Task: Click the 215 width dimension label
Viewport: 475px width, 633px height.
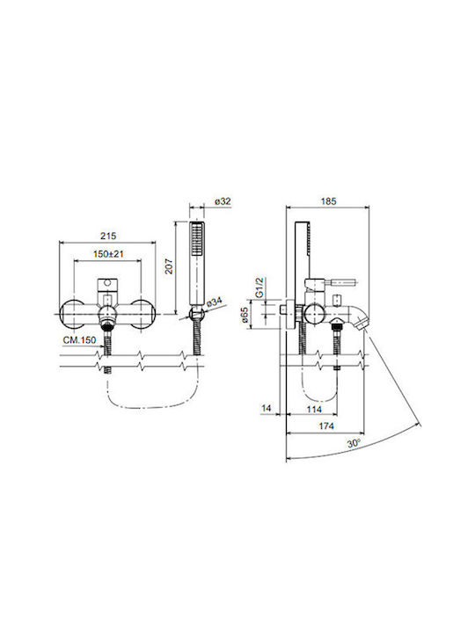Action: tap(108, 236)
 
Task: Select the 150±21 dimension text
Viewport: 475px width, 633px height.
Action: tap(108, 254)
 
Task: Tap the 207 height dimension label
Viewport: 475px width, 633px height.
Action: tap(168, 267)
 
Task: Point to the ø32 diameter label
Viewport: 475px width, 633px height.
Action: tap(223, 201)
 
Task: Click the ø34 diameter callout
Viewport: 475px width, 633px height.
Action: tap(214, 302)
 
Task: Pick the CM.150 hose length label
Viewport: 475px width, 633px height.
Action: tap(79, 340)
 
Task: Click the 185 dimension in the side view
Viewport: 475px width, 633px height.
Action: tap(328, 201)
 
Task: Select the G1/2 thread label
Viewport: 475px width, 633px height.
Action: tap(259, 287)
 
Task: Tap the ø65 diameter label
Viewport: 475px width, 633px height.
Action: tap(244, 316)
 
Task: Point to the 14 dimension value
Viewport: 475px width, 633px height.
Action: tap(267, 408)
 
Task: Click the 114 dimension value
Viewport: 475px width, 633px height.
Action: tap(314, 410)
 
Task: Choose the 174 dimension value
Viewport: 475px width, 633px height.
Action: tap(326, 426)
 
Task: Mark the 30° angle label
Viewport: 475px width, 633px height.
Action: tap(354, 443)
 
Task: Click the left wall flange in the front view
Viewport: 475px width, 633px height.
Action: tap(73, 314)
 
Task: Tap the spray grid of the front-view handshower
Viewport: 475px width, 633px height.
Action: tap(197, 239)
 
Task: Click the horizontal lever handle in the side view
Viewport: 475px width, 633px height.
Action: tap(342, 282)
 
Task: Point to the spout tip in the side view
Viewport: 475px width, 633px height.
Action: tap(362, 324)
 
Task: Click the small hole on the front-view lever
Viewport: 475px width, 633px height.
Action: tap(107, 283)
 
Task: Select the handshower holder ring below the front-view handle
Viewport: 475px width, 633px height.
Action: tap(197, 313)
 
